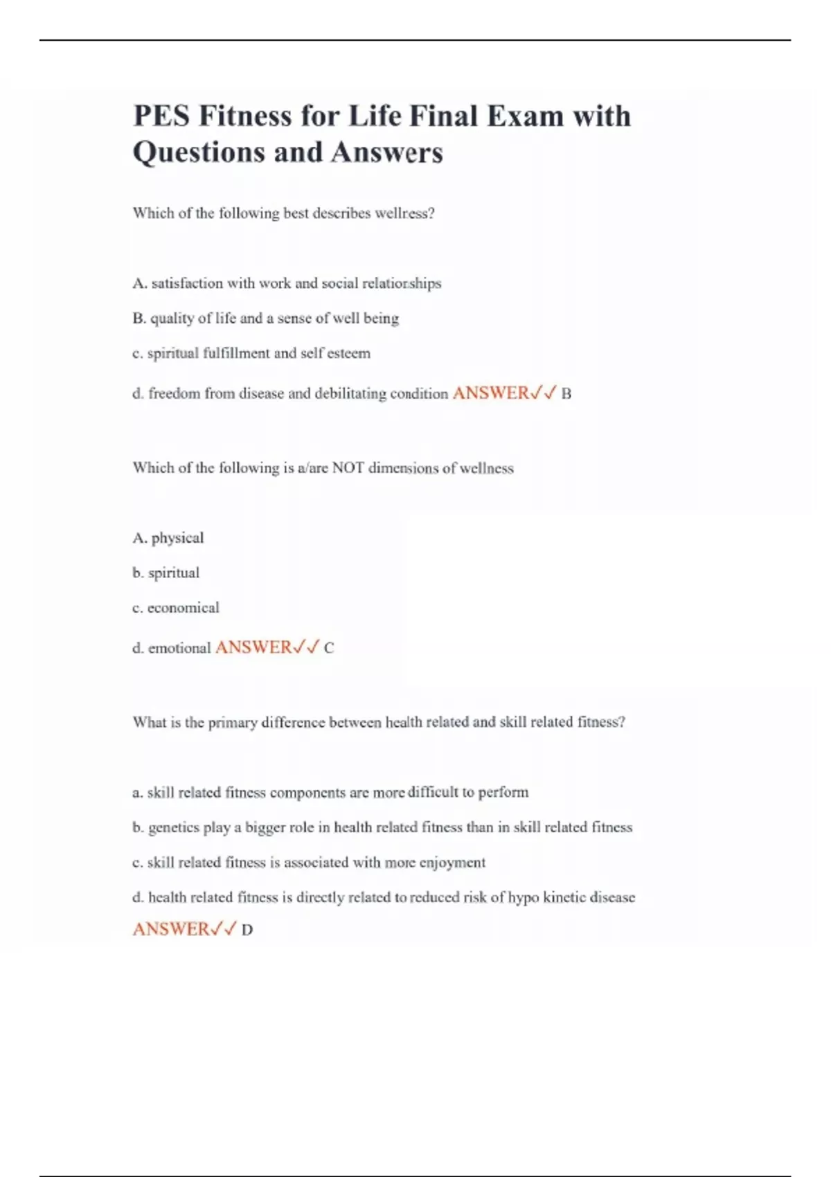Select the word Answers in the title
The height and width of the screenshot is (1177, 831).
click(386, 152)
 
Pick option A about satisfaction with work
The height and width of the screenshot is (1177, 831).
click(287, 283)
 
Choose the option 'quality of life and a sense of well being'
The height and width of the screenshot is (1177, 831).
click(266, 318)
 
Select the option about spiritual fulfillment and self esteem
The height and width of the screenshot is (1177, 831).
click(251, 353)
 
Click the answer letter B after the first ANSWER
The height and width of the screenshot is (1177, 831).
click(566, 395)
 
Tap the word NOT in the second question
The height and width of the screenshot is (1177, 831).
click(348, 468)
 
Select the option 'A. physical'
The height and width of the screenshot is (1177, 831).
click(168, 538)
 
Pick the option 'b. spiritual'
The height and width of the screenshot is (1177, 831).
click(166, 573)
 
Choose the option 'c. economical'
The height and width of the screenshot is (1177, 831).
click(176, 608)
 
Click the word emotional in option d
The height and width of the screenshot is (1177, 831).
click(179, 648)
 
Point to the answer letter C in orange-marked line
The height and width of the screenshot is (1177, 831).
click(329, 649)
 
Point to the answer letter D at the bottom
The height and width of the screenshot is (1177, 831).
click(247, 931)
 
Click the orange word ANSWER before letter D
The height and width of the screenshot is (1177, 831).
click(170, 929)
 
